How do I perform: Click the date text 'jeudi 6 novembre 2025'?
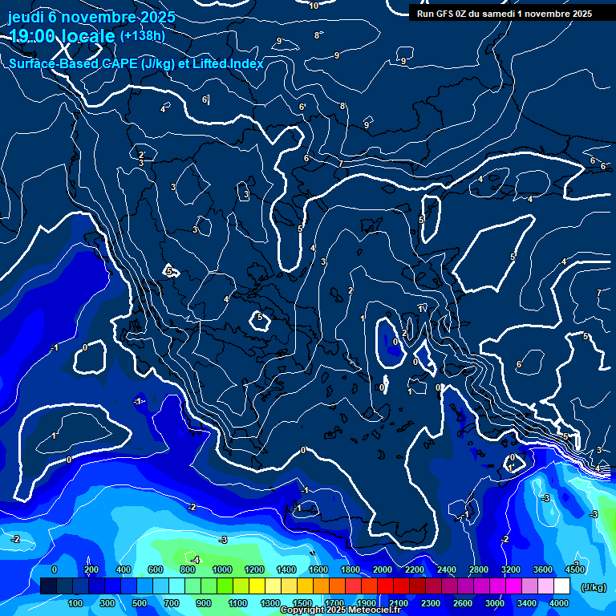[91, 17]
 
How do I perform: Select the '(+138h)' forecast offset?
[143, 36]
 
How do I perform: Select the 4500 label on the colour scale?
[575, 569]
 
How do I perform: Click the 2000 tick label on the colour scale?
[383, 569]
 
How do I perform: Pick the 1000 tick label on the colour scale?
[222, 569]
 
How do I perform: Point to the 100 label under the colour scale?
[75, 603]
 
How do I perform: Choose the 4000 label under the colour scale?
[559, 603]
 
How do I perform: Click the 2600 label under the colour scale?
[463, 603]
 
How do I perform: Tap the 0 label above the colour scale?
[54, 569]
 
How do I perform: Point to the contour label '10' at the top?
[314, 6]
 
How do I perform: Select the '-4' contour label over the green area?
[194, 559]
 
